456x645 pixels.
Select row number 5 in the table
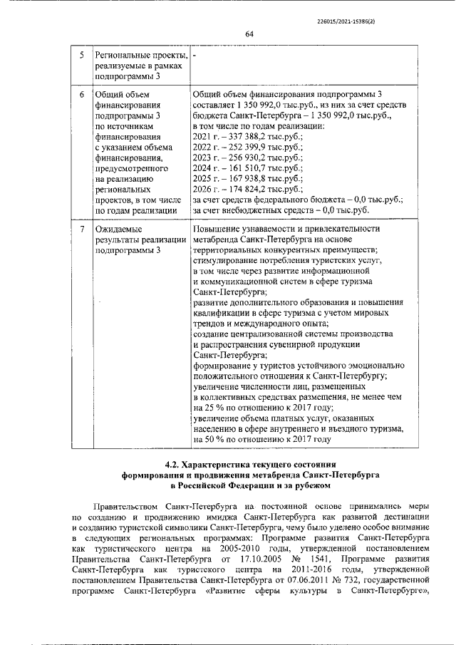click(82, 56)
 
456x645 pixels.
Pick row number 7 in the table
click(82, 229)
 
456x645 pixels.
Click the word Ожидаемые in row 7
click(118, 229)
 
